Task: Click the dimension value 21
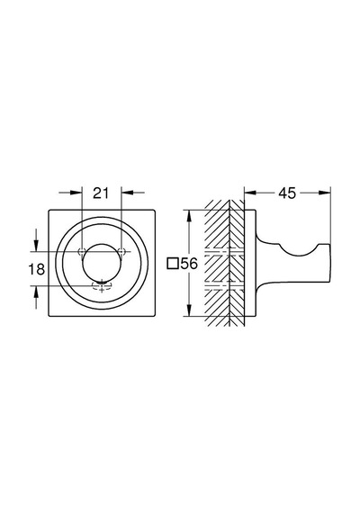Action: [101, 193]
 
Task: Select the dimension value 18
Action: [36, 269]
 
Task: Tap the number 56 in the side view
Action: [189, 264]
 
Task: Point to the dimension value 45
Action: [287, 193]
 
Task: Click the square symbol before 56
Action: [173, 264]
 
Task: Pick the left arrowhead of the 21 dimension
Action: [76, 193]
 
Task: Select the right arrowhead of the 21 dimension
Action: [127, 193]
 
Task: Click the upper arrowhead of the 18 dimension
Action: [36, 246]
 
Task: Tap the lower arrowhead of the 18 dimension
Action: [36, 292]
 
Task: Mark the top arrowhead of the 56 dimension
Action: [188, 216]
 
